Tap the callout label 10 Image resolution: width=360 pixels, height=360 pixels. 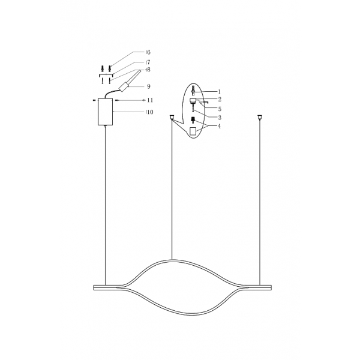tap(149, 112)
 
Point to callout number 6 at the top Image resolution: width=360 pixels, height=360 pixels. tap(147, 53)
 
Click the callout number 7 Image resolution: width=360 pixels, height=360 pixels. tap(147, 62)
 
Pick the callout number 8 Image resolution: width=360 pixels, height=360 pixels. tap(147, 70)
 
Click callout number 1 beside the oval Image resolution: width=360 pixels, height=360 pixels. tap(220, 91)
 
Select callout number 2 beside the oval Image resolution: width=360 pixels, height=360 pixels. tap(220, 99)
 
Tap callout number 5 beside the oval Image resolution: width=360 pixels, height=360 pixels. tap(220, 109)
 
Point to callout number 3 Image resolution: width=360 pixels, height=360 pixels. tap(220, 118)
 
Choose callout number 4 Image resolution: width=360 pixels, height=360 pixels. tap(220, 126)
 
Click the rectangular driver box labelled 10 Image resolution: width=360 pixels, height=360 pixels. tap(105, 112)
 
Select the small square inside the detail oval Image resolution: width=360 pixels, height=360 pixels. tap(194, 131)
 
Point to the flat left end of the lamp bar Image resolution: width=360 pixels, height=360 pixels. tap(95, 286)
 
